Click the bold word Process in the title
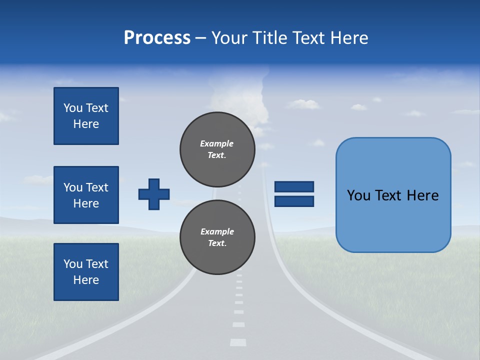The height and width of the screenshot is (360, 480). click(157, 38)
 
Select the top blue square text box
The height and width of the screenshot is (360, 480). click(86, 116)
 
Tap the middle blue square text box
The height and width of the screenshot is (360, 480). click(86, 195)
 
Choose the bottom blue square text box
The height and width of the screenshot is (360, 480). click(86, 272)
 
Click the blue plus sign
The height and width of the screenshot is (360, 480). click(154, 194)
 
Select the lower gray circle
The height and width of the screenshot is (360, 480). click(217, 237)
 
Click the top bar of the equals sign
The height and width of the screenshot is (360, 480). click(294, 186)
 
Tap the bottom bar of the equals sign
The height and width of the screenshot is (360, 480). click(294, 201)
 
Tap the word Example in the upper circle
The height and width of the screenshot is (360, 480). click(217, 143)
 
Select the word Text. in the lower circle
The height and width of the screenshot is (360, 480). click(217, 243)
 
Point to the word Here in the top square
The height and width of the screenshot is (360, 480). click(86, 124)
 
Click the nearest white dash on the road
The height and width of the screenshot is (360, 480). click(238, 342)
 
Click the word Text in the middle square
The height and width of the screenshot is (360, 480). click(97, 187)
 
